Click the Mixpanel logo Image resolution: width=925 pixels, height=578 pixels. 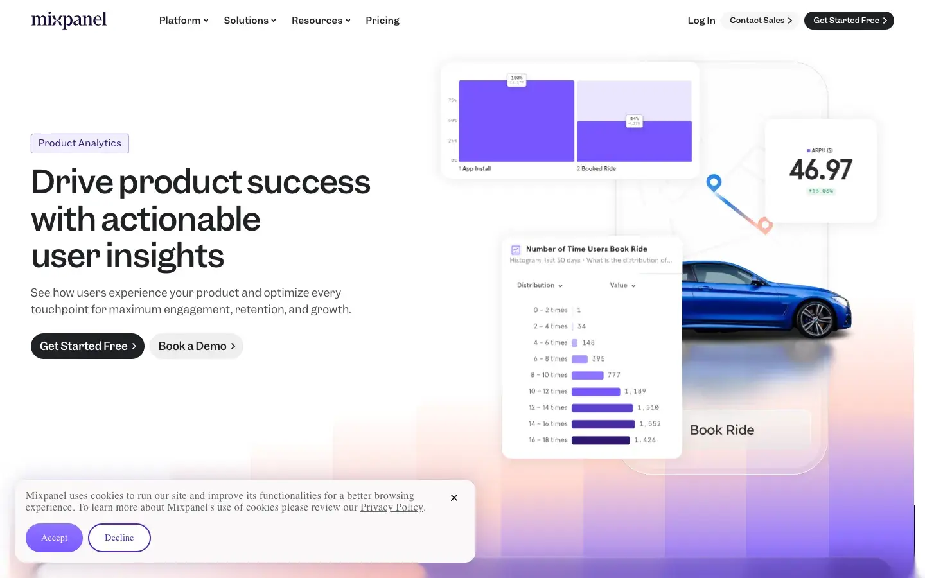click(69, 20)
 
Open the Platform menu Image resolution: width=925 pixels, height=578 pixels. click(184, 21)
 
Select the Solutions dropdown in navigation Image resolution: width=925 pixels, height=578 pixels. click(249, 21)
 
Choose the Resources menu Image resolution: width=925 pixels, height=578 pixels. click(321, 21)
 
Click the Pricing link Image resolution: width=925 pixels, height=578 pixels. click(382, 21)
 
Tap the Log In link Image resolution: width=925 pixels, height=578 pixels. click(701, 21)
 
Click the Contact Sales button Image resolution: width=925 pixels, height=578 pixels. click(761, 21)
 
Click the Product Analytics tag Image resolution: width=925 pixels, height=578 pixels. click(80, 143)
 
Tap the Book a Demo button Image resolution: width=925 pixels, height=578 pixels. click(197, 346)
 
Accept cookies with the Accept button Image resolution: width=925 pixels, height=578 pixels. click(54, 538)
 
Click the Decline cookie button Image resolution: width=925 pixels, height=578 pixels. click(119, 538)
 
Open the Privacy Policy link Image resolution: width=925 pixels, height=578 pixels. click(392, 507)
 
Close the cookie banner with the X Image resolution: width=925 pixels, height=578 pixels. click(454, 498)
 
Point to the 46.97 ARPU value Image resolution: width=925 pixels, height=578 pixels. click(820, 170)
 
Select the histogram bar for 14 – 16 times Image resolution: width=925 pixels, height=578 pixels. click(603, 424)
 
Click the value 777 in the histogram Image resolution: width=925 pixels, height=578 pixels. click(614, 375)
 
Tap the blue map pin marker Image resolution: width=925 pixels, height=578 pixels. click(714, 182)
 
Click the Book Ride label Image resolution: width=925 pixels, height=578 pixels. click(722, 430)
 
